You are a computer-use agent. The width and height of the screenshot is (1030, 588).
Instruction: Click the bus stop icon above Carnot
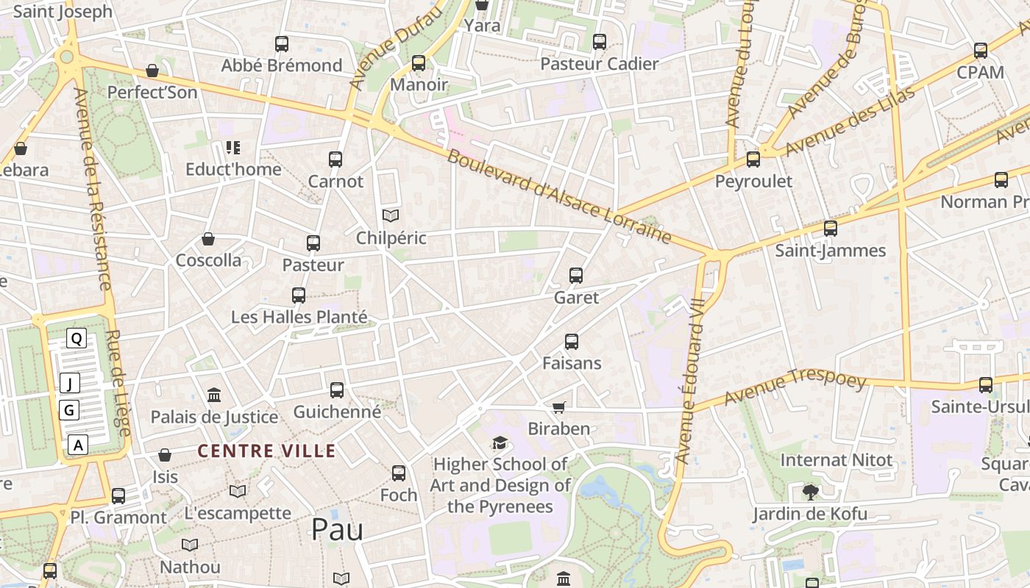click(x=335, y=159)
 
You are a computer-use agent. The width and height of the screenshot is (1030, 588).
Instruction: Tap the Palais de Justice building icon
click(x=214, y=395)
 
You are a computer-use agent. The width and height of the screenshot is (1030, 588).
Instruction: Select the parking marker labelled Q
click(x=77, y=338)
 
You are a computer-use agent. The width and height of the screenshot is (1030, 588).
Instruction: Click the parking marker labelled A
click(x=79, y=444)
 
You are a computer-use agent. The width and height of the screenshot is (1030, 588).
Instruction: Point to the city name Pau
click(x=337, y=529)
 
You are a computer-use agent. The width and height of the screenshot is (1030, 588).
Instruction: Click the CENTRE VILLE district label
click(x=267, y=451)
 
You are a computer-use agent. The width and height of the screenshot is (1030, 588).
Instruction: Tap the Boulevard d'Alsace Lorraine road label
click(x=559, y=197)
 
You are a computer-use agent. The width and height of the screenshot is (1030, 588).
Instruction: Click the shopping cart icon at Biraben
click(x=559, y=407)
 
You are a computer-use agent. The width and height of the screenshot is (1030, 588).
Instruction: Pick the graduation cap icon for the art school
click(x=500, y=442)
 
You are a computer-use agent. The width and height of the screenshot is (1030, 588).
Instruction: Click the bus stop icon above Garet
click(x=576, y=276)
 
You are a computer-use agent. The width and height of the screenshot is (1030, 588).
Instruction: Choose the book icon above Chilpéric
click(x=391, y=215)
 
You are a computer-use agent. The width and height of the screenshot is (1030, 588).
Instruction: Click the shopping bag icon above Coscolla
click(x=208, y=239)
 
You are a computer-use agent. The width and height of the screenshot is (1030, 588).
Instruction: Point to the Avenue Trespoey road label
click(x=795, y=387)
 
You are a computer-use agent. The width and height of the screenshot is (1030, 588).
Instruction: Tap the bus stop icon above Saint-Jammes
click(x=831, y=229)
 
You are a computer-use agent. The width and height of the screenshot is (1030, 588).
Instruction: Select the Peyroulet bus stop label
click(x=754, y=181)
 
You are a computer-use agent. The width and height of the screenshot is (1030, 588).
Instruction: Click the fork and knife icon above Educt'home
click(x=233, y=148)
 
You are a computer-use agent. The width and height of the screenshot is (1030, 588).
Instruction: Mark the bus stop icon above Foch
click(x=399, y=473)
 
